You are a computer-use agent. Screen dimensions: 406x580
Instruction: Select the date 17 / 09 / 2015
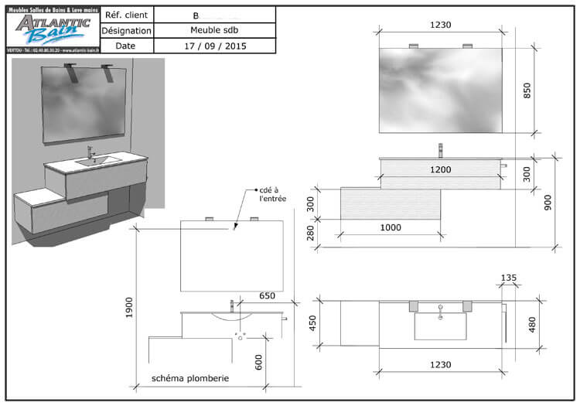tap(215, 46)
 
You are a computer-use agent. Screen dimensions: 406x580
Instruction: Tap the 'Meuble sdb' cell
tap(215, 30)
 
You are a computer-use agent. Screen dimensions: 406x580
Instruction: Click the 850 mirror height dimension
tap(528, 90)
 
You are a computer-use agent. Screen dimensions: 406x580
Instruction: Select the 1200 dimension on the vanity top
tap(440, 169)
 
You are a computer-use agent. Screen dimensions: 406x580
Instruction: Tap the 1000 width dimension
tap(391, 228)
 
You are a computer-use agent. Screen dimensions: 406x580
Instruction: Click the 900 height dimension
tap(548, 203)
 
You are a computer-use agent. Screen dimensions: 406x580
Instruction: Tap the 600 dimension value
tap(259, 361)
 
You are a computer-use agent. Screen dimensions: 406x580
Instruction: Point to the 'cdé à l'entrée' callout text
tap(271, 194)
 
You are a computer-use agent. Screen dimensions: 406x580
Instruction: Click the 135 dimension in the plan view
tap(508, 277)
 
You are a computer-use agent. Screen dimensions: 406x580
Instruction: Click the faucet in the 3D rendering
tap(90, 152)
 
